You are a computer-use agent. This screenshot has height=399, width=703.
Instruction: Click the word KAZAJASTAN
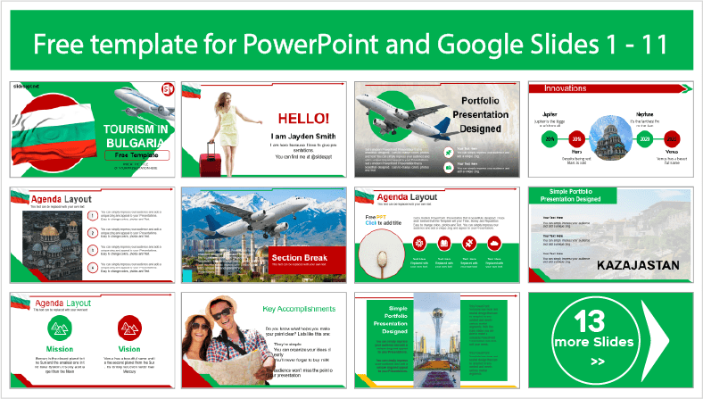(x=638, y=265)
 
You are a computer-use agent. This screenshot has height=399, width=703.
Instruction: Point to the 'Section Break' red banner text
(x=299, y=258)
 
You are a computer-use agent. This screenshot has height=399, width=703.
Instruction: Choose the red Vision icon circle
(x=130, y=328)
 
